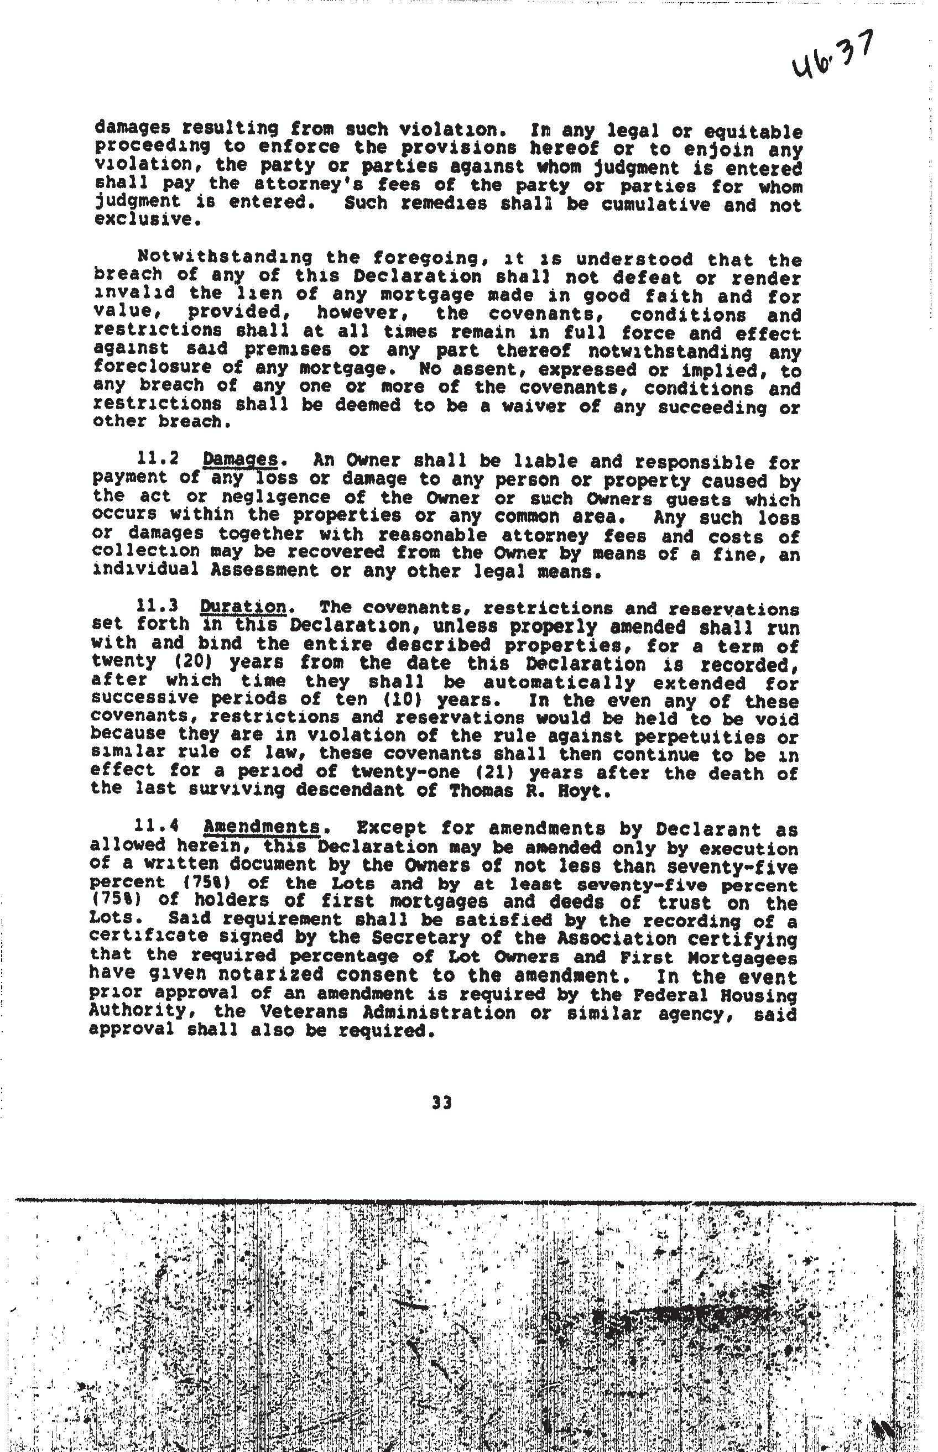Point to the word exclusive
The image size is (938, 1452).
pos(144,219)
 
